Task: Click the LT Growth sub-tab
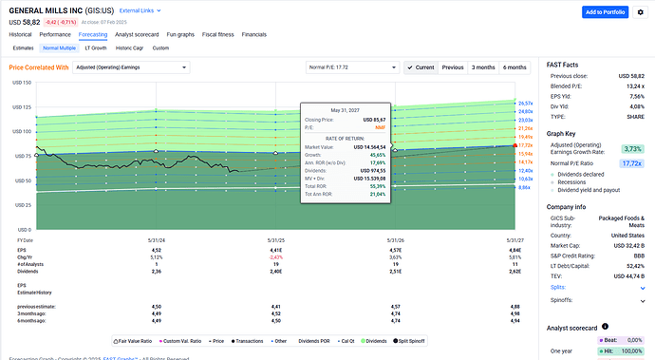(x=96, y=47)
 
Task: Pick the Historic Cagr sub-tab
(x=130, y=47)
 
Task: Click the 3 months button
(x=483, y=68)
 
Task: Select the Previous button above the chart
(x=453, y=68)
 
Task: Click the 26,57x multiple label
(x=525, y=103)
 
